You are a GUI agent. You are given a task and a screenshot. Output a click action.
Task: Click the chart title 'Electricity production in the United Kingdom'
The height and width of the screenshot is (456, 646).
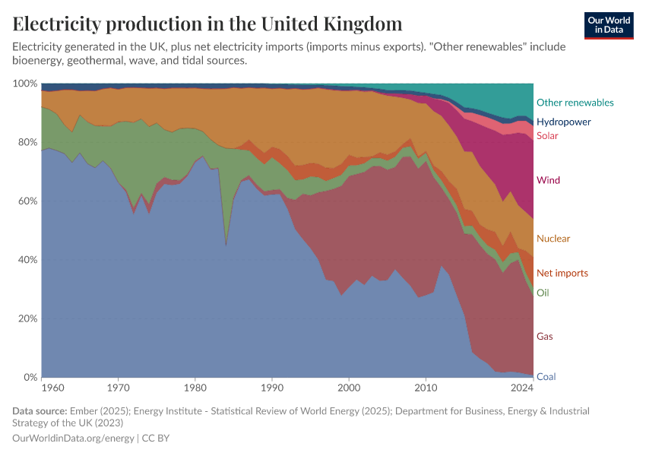[207, 24]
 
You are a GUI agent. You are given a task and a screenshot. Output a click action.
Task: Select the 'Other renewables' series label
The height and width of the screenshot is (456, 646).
[575, 103]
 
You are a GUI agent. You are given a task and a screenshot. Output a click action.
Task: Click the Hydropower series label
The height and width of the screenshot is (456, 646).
[563, 122]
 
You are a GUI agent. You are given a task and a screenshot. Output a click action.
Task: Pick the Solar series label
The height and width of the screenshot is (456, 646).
[547, 136]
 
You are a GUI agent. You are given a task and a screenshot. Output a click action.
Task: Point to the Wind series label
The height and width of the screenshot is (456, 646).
[548, 180]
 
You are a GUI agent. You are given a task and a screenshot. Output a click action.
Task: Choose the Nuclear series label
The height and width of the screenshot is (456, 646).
[553, 239]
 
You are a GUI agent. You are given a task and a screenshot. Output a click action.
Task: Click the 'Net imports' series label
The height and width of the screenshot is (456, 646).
[562, 273]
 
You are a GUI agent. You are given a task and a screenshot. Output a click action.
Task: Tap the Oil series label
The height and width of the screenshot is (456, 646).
[543, 293]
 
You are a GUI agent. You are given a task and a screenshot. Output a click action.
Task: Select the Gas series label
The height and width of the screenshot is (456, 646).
[544, 336]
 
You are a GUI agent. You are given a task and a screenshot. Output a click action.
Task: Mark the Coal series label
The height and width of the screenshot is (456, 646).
[546, 377]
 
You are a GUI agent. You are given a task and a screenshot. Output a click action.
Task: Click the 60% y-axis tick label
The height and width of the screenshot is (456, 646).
[27, 201]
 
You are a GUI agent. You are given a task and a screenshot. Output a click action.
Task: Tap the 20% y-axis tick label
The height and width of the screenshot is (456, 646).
[27, 318]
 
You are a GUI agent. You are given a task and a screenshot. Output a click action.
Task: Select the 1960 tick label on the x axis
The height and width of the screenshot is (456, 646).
[52, 388]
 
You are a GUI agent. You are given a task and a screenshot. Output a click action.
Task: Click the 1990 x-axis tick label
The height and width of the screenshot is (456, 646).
[272, 388]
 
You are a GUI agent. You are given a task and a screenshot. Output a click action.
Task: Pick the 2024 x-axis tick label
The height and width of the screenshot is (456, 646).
[522, 388]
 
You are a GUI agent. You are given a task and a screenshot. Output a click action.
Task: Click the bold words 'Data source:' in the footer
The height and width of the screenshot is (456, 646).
[40, 411]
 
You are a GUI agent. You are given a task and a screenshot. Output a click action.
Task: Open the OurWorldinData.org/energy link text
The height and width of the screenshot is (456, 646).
[73, 439]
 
